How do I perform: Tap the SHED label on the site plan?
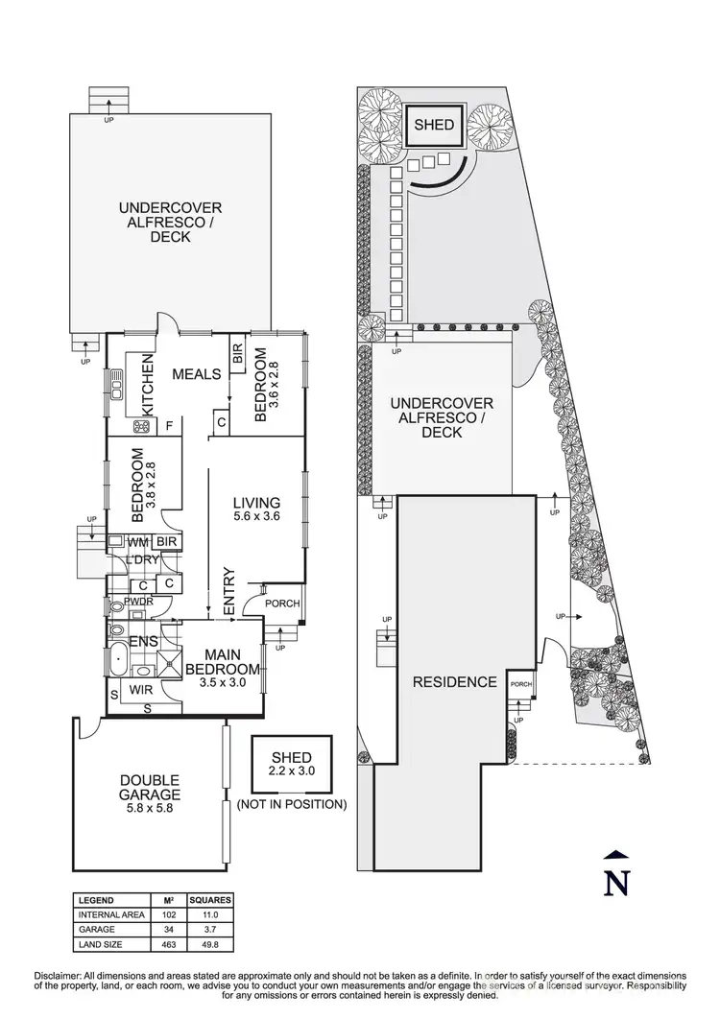pyautogui.click(x=435, y=125)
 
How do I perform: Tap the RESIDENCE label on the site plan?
pyautogui.click(x=454, y=682)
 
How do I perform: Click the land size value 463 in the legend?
pyautogui.click(x=167, y=944)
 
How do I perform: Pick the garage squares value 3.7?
pyautogui.click(x=210, y=930)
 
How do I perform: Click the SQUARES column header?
pyautogui.click(x=210, y=901)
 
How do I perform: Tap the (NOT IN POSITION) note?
pyautogui.click(x=292, y=804)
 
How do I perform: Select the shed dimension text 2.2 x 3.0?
pyautogui.click(x=292, y=770)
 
